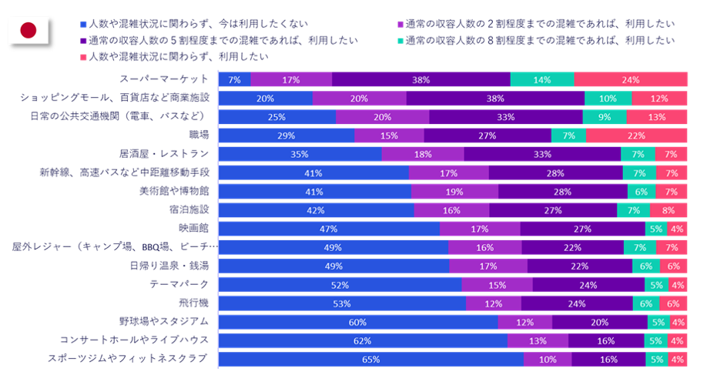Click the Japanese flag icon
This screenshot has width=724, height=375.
[28, 30]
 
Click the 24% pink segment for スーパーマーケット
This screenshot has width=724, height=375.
[631, 79]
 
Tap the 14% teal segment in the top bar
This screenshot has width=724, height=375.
[542, 79]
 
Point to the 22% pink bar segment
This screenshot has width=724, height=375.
[637, 136]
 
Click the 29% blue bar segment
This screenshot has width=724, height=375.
[287, 136]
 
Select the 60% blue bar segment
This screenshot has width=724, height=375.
[358, 322]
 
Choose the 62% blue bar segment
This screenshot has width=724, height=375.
[363, 341]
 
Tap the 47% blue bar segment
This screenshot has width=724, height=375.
[330, 229]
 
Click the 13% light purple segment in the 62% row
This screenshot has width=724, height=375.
[538, 341]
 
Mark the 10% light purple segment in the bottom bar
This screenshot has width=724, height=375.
[548, 360]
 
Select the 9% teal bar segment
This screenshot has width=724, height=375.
[605, 117]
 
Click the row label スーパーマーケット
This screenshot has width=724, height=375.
[164, 79]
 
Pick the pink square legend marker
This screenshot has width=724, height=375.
[83, 57]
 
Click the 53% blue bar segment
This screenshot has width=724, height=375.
[343, 303]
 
